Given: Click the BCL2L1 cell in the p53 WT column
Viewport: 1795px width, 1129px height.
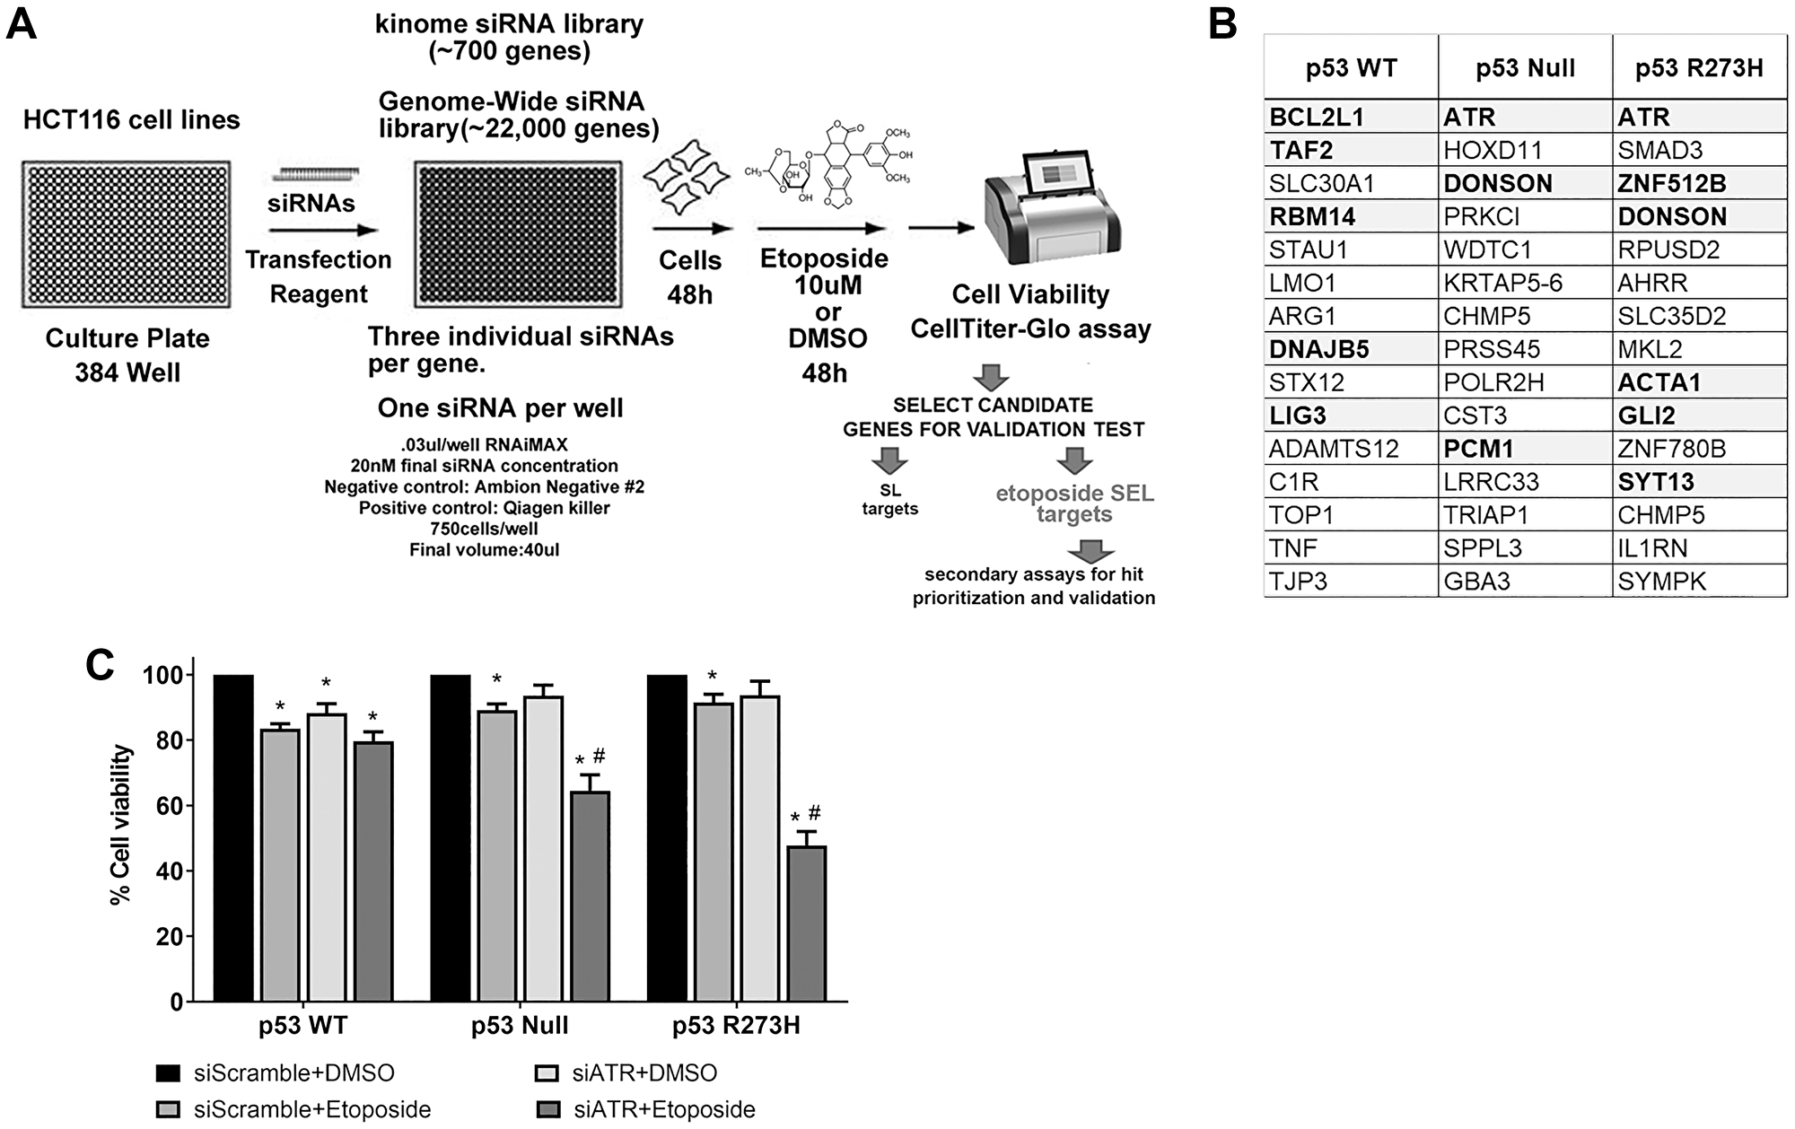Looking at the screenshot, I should click(1316, 117).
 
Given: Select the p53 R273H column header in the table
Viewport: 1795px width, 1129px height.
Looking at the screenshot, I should click(1698, 68).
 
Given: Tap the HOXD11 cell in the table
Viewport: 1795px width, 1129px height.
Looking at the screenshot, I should click(1492, 150).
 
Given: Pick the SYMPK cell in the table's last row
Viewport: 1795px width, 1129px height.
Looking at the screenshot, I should click(1661, 582).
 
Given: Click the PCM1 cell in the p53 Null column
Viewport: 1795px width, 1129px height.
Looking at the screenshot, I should click(1478, 449).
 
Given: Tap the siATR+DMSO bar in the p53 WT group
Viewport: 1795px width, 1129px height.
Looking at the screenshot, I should click(327, 857).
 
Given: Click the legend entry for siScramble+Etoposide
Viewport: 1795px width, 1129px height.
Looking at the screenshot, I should click(311, 1109).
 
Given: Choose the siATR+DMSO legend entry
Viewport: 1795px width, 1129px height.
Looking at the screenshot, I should click(644, 1073).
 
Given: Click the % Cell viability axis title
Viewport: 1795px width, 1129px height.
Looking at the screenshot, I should click(121, 825).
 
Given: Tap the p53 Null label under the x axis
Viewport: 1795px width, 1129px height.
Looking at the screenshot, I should click(520, 1026).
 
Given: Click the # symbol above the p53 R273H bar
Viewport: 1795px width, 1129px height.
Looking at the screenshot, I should click(815, 813).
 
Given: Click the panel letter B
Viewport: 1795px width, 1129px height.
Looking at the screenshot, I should click(1223, 24).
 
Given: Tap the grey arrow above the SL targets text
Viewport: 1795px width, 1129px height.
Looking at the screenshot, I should click(889, 461).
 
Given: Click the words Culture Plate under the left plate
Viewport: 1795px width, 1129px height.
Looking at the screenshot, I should click(127, 338).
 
